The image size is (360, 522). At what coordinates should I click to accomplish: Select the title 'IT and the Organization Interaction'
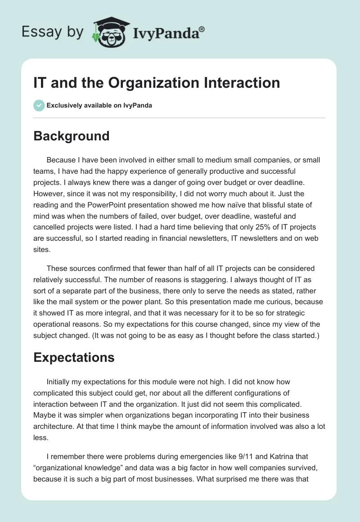tap(157, 82)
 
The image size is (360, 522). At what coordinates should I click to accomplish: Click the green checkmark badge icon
tap(39, 105)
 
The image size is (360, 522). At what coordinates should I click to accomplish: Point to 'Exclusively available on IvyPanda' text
tap(99, 105)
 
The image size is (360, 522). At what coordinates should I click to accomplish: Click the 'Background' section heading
tap(72, 136)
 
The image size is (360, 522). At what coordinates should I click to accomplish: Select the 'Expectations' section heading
tap(74, 357)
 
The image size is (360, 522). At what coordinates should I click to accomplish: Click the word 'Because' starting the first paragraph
tap(61, 160)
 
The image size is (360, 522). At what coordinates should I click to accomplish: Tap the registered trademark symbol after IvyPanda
tap(202, 29)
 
